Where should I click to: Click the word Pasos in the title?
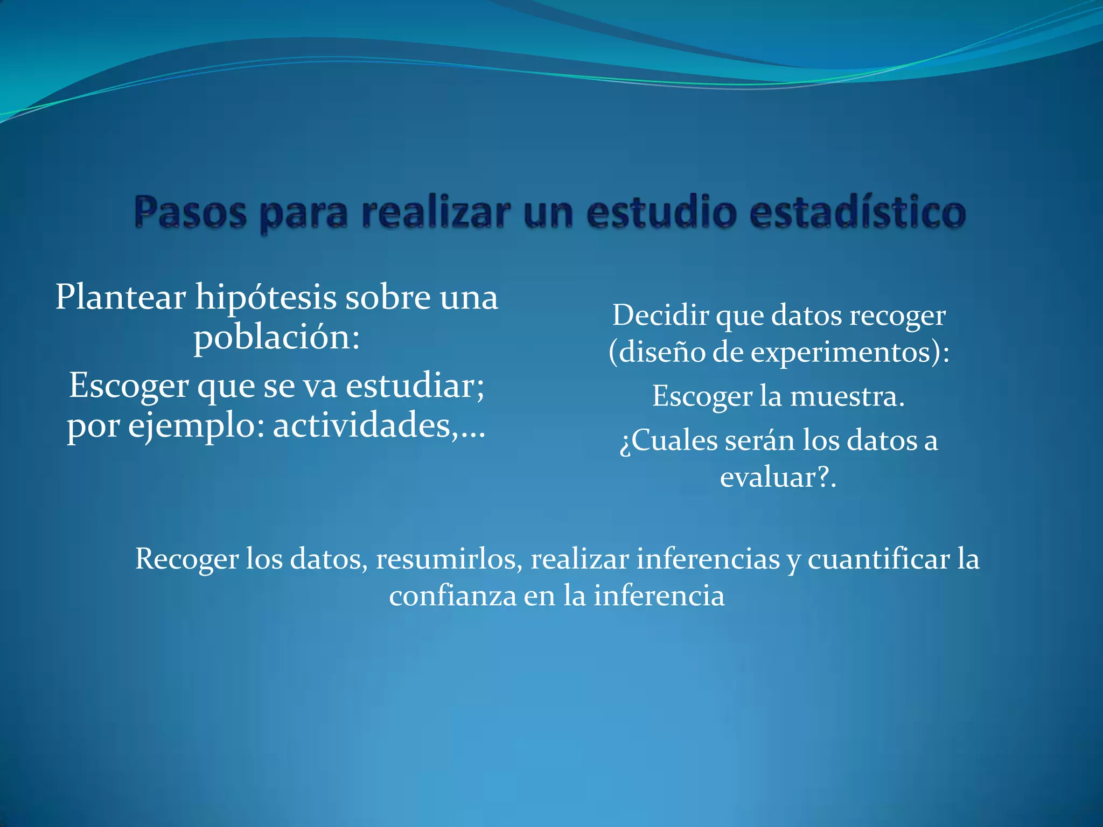coord(190,213)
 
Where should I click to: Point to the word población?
coord(276,339)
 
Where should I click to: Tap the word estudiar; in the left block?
coord(415,386)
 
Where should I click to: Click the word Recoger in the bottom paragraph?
coord(186,559)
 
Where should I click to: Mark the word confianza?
coord(452,596)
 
